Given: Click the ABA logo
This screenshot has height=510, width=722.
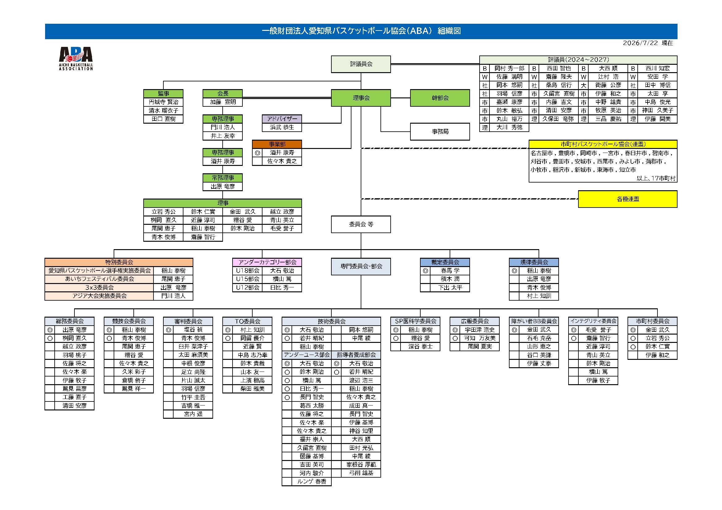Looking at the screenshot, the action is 76,58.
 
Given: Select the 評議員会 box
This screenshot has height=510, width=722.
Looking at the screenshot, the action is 361,64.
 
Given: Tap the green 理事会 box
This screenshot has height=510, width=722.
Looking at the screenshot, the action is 361,98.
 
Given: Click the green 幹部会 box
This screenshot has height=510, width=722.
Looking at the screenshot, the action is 440,98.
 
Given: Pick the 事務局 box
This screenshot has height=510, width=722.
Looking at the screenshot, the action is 440,132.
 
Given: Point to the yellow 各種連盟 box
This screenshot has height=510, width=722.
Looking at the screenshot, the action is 628,199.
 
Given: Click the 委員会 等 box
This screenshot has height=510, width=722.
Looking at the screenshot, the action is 361,224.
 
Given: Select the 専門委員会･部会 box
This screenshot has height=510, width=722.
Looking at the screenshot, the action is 361,267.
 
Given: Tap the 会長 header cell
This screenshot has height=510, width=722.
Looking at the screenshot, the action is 223,94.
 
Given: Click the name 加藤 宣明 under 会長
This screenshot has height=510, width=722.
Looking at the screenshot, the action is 223,102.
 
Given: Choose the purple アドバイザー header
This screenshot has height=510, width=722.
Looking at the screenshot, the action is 282,119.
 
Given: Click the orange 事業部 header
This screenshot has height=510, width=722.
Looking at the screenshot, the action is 277,144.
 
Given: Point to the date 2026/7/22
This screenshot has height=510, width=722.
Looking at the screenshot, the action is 640,43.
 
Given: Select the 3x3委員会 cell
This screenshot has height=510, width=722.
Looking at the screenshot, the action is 99,288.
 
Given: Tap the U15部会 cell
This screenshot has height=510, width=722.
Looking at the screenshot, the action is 247,279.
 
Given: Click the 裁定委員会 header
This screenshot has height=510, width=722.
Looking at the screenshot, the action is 445,262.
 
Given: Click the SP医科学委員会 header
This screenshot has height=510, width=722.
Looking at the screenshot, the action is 415,321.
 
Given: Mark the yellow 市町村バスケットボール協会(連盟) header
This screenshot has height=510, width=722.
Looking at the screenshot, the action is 603,144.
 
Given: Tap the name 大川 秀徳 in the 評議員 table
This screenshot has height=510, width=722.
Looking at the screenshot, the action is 509,128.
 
